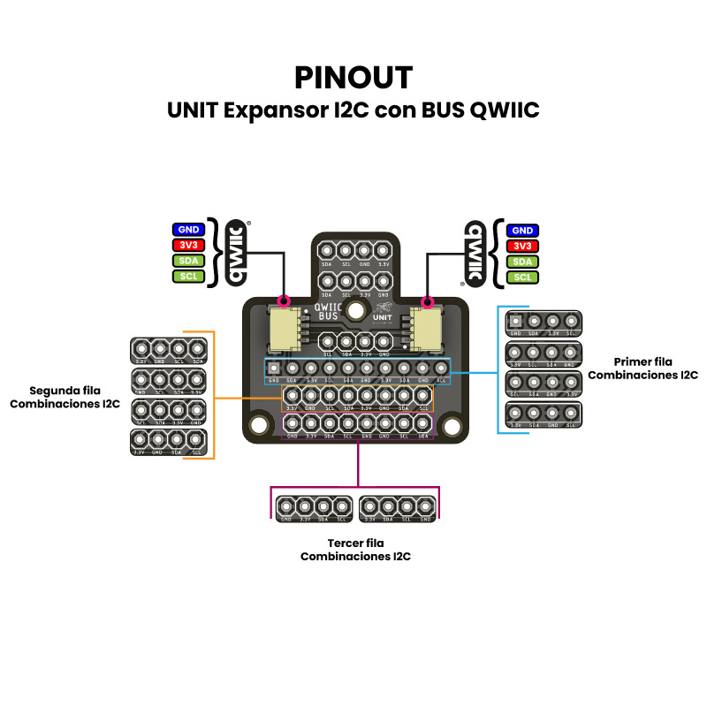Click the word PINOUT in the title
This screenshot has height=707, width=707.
(x=353, y=78)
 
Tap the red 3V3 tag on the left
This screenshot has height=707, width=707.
(x=188, y=246)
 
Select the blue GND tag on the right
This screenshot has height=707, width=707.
(x=522, y=230)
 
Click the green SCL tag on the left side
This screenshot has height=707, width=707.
(x=188, y=277)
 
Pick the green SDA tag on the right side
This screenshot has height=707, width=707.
(x=522, y=262)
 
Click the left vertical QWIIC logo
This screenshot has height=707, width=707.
(x=238, y=253)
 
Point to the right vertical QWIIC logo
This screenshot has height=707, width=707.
(x=473, y=253)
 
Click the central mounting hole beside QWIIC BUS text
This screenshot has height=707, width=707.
(x=357, y=310)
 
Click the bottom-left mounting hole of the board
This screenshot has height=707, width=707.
(x=258, y=425)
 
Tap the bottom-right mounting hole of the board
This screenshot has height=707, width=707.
(x=452, y=425)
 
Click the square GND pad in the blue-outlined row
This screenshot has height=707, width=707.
(x=275, y=368)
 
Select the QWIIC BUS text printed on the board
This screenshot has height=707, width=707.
(x=328, y=311)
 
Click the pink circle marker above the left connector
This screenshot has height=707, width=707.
(x=285, y=299)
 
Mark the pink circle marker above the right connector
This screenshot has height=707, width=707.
(x=428, y=299)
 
